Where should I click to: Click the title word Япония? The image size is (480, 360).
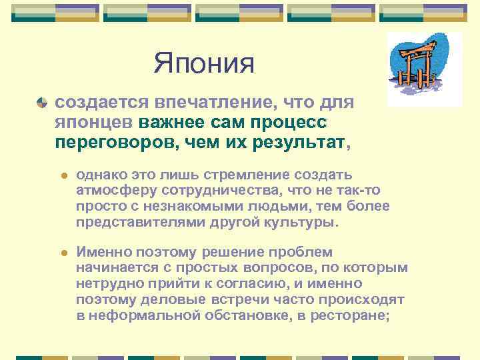[204, 64]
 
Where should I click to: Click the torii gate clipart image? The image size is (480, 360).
[424, 69]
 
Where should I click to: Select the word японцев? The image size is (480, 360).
[95, 123]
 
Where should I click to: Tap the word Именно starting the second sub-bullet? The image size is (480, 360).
[103, 252]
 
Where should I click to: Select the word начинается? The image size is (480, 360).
[116, 267]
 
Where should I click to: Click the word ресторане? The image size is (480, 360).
[354, 315]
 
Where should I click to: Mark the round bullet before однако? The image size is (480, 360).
[65, 175]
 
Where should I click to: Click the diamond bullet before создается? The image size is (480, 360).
[42, 105]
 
